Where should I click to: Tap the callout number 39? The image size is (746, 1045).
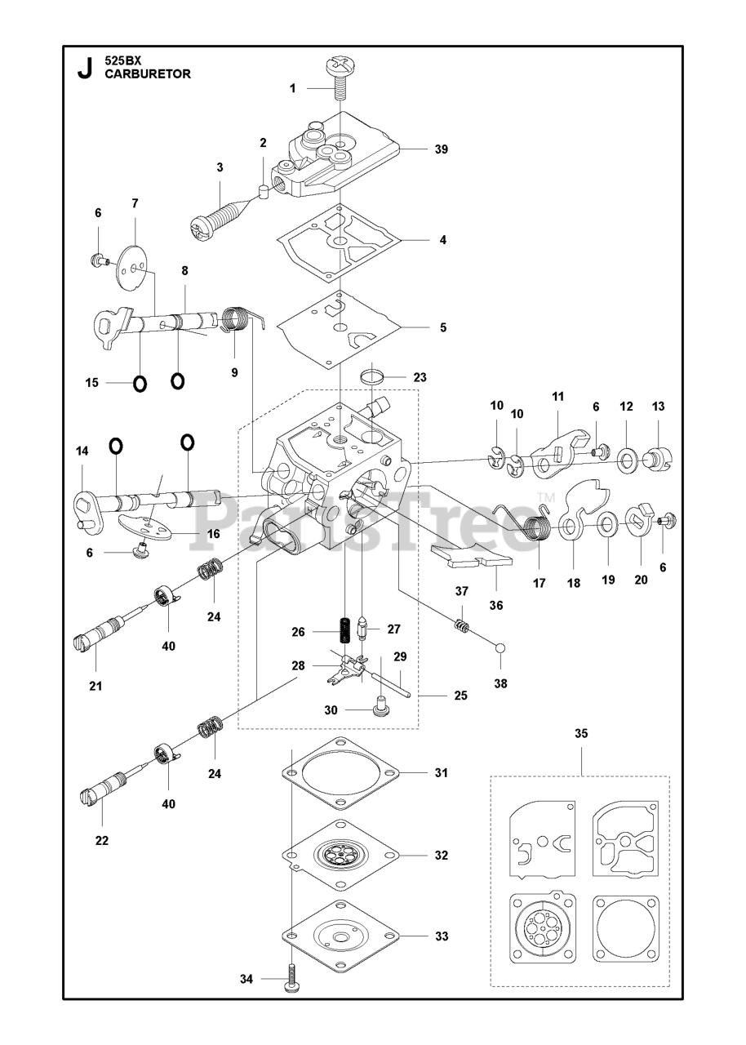click(442, 149)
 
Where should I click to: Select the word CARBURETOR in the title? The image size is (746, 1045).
click(148, 73)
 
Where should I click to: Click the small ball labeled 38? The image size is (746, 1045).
click(500, 648)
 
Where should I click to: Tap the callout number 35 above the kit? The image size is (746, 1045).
click(581, 734)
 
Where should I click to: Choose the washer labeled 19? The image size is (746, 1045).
click(606, 524)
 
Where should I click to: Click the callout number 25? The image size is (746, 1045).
click(461, 696)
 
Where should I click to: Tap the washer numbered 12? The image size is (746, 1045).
click(627, 460)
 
